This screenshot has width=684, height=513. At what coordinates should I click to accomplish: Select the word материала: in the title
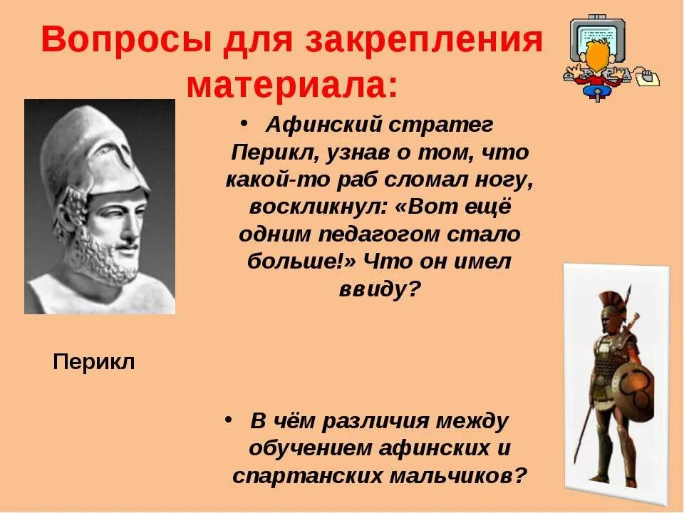(292, 85)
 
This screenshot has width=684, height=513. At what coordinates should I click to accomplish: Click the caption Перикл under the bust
(94, 362)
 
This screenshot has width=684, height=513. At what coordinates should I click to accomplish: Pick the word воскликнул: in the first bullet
(318, 207)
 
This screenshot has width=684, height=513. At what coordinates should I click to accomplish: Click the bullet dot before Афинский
(244, 123)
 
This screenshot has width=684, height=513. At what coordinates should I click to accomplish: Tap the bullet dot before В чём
(228, 419)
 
